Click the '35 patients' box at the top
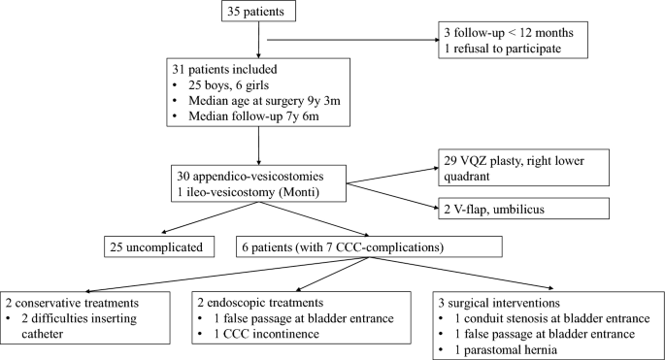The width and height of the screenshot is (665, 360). (258, 16)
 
